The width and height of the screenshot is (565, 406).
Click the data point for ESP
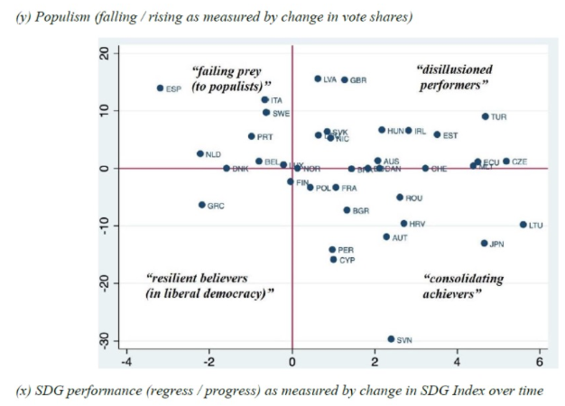[x=160, y=88]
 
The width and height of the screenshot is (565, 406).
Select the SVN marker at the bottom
[x=391, y=339]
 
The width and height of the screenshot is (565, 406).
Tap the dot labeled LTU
[x=523, y=225]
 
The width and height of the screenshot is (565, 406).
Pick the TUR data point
[x=485, y=116]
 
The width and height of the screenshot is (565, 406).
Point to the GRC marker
[x=202, y=205]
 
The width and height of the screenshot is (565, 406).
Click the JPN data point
[x=484, y=243]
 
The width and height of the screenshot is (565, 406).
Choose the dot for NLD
[x=200, y=154]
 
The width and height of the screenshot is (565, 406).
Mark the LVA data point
[x=318, y=78]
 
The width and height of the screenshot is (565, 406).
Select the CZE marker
[x=506, y=161]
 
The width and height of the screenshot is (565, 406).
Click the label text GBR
[x=358, y=80]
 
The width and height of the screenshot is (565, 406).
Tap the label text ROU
[x=414, y=198]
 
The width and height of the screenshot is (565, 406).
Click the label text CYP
[x=347, y=260]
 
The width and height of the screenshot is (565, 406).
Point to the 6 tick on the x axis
[x=540, y=363]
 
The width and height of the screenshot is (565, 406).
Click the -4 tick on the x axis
[x=126, y=363]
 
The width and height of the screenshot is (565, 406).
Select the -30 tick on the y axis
[x=105, y=339]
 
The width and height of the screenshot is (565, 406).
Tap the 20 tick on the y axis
[x=105, y=54]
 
